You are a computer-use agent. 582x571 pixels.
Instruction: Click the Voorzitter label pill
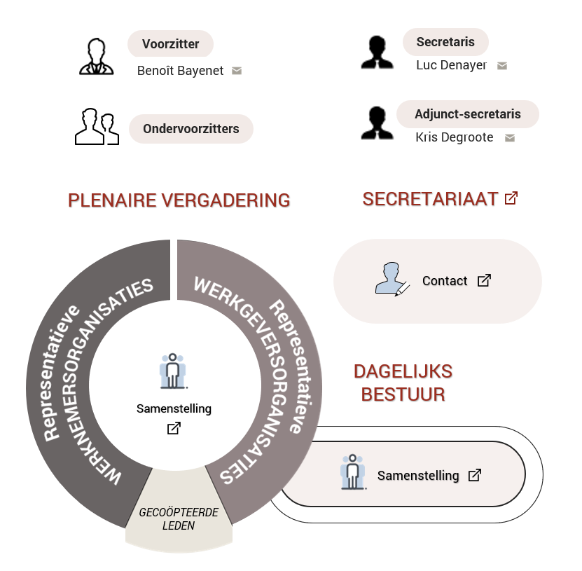[170, 44]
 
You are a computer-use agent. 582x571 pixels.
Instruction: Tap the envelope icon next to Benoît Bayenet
[237, 71]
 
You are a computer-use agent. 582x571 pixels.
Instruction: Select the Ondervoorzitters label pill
[190, 129]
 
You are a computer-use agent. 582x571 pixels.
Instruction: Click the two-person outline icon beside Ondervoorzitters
[97, 127]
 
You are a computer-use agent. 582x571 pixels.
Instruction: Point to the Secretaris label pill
[445, 42]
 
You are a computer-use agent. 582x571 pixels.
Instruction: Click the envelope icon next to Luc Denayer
[502, 66]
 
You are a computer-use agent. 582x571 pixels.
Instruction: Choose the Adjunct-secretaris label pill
[468, 114]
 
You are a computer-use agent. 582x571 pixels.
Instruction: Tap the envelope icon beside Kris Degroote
[510, 138]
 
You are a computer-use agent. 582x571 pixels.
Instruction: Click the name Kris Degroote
[455, 137]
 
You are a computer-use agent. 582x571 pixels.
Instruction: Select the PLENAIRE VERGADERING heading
[179, 200]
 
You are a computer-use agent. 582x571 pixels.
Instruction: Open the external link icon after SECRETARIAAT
[511, 198]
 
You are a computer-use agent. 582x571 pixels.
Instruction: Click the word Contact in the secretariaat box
[445, 281]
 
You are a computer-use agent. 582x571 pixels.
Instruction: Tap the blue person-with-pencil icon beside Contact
[392, 279]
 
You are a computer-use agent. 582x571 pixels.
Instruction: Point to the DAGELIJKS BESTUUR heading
[403, 383]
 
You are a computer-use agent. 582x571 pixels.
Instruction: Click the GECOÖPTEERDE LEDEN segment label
[179, 519]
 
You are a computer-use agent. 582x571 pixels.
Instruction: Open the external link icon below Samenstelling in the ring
[174, 428]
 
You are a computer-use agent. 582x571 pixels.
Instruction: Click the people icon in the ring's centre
[172, 371]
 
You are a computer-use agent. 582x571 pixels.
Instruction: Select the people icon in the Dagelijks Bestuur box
[353, 472]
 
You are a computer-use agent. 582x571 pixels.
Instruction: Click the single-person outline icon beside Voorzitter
[97, 57]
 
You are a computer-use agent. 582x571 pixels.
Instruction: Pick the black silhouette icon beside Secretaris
[377, 53]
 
